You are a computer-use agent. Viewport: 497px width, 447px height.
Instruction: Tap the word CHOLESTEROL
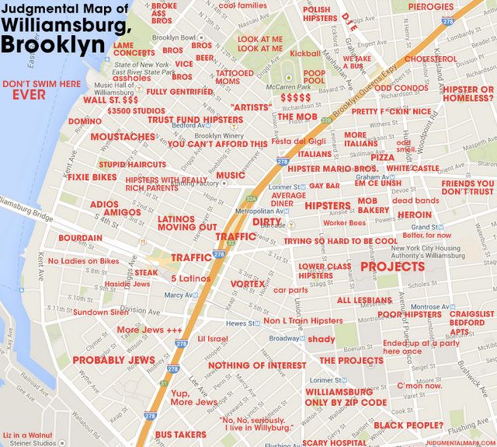click(x=430, y=59)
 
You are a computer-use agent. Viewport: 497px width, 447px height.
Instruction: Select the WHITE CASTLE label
click(x=412, y=169)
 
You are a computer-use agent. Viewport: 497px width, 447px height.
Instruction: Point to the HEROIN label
click(x=415, y=215)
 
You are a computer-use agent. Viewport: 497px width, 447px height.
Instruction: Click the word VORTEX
click(x=247, y=285)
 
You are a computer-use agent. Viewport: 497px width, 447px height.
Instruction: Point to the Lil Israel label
click(x=213, y=340)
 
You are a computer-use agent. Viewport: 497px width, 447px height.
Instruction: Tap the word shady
click(x=321, y=340)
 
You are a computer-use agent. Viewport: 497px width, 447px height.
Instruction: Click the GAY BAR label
click(x=324, y=187)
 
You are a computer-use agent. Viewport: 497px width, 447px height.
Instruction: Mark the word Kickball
click(x=305, y=54)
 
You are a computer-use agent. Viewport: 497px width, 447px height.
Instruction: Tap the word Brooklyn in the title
click(x=51, y=44)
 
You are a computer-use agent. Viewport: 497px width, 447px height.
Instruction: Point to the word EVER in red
click(x=30, y=96)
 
